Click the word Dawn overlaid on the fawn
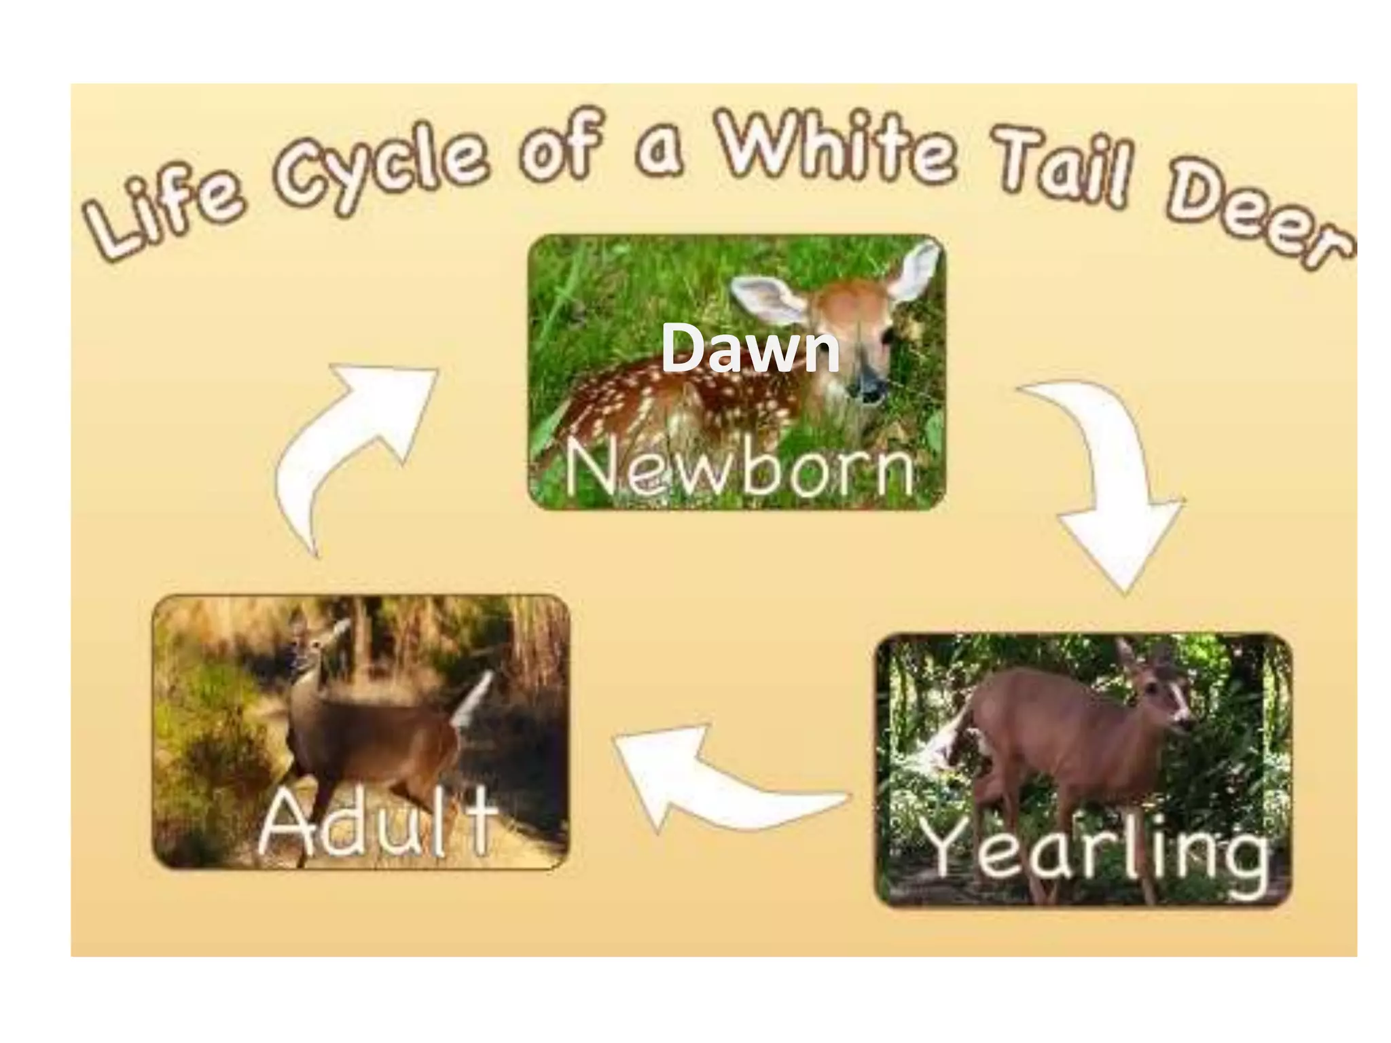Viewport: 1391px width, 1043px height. [x=750, y=348]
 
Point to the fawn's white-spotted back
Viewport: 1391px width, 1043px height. [x=652, y=401]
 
